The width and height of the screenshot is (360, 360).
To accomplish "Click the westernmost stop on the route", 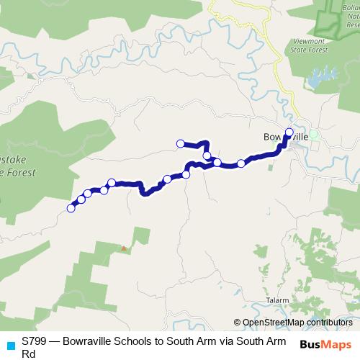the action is [x=71, y=208].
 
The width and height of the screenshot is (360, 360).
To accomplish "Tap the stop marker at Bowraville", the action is [x=289, y=132].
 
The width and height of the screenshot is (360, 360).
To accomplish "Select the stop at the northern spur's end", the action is [x=180, y=143].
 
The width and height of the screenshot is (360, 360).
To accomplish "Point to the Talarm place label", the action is [x=276, y=300].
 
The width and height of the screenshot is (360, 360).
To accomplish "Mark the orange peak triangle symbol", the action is [x=124, y=249].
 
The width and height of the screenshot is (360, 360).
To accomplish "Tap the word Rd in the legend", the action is [x=29, y=354].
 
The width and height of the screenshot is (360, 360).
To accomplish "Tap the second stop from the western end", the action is [x=81, y=199].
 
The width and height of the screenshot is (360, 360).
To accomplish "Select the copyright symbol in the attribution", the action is [x=238, y=322].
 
